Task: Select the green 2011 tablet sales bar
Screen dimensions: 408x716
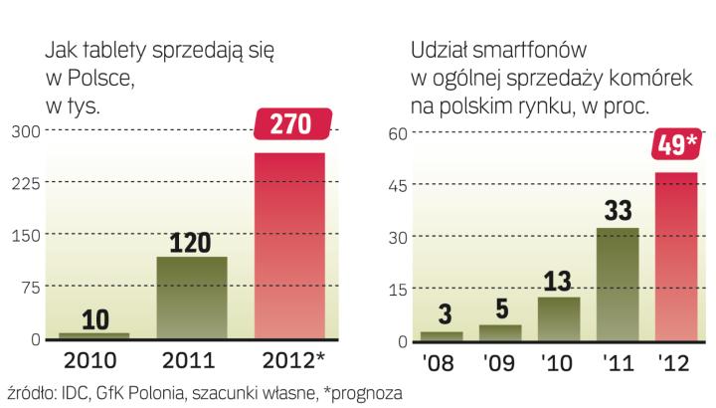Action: point(191,298)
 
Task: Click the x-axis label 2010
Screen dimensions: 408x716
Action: point(94,360)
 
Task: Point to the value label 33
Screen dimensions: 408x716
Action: point(617,211)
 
